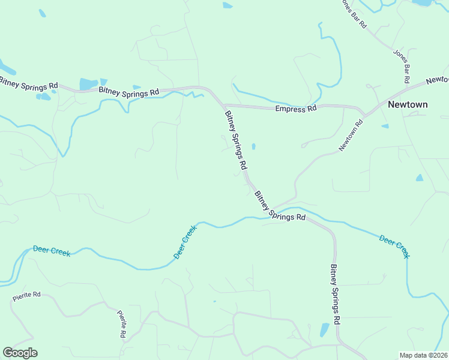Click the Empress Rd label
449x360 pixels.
coord(295,109)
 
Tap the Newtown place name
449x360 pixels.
coord(408,104)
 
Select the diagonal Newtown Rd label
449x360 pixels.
coord(351,136)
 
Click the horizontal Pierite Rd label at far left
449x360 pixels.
coord(26,296)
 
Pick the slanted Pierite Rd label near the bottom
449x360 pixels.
coord(122,324)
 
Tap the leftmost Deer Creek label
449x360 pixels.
coord(52,251)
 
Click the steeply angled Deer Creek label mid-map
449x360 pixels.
coord(185,242)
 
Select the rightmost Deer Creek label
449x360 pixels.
coord(394,246)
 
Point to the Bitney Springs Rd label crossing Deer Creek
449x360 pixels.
coord(280,206)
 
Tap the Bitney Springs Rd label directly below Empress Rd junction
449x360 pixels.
coord(236,139)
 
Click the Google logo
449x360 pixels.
coord(20,353)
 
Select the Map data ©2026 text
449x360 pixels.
coord(423,355)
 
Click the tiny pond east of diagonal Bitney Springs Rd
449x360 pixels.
coord(253,146)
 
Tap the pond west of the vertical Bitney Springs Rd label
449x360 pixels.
coord(324,329)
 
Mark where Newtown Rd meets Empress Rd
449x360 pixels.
coord(365,113)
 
